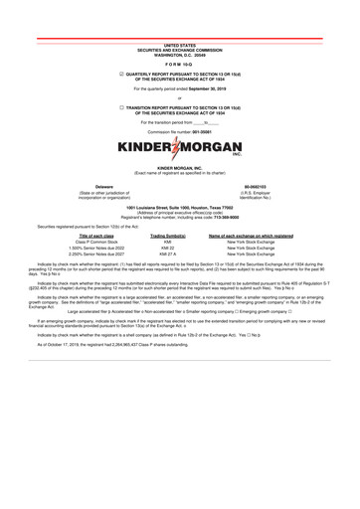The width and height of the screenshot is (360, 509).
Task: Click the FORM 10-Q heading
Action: pos(179,68)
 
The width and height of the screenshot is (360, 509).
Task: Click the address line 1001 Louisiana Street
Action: pos(180,235)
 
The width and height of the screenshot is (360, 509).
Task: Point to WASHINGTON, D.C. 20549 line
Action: pos(180,55)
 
